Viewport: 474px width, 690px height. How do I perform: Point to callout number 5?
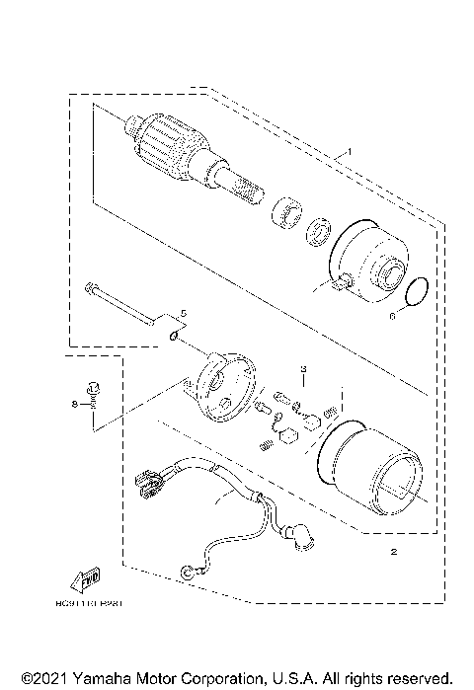181,313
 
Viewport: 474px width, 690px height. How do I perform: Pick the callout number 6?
391,316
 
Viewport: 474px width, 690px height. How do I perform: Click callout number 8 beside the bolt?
73,404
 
